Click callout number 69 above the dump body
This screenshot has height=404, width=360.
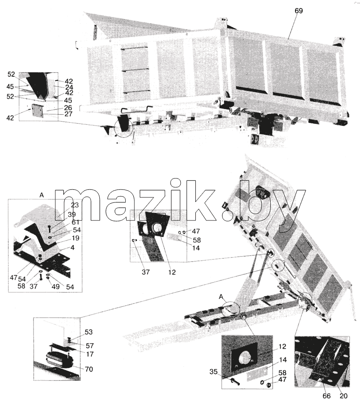coord(299,11)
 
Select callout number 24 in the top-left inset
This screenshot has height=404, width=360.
coord(69,87)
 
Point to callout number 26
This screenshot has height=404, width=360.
coord(68,108)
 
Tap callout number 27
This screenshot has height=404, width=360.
coord(68,114)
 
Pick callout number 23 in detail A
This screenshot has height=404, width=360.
coord(75,205)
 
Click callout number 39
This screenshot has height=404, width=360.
coord(72,215)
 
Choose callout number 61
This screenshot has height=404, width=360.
coord(75,222)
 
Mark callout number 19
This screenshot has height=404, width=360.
coord(75,238)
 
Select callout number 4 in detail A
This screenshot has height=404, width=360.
coord(73,248)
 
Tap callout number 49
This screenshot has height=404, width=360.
coord(56,287)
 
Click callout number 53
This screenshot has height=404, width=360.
coord(88,332)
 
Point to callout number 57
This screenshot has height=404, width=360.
coord(89,345)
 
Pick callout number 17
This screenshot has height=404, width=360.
coord(90,354)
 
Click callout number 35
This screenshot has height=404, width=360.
coord(214,372)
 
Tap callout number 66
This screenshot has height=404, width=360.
coord(325,396)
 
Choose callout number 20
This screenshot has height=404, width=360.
coord(344,396)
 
